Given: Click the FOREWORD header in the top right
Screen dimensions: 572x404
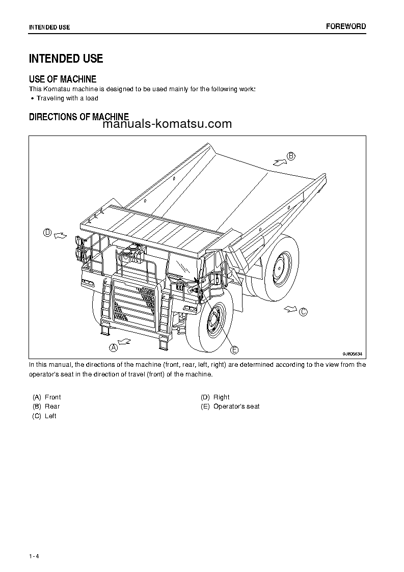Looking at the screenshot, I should tap(345, 26).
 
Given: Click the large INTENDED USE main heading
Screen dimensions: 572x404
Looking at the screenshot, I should tap(66, 59).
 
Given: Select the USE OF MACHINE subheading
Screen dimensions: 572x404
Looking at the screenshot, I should tap(62, 79).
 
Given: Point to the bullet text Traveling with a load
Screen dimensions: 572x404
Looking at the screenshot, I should tap(67, 98).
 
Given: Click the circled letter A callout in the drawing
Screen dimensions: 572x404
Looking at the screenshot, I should tap(114, 347).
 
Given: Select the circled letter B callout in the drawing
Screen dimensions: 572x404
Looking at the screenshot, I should tap(291, 156).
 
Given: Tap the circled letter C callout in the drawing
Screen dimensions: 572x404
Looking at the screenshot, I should tap(303, 312).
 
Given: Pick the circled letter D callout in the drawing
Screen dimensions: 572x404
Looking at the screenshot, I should tap(47, 233).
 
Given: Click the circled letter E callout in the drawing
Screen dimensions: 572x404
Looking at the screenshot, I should tap(234, 349).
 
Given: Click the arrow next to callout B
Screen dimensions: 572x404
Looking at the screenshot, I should tap(279, 161).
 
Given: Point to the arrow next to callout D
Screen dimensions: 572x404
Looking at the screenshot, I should tap(60, 235).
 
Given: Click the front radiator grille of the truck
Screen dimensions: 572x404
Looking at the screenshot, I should tap(133, 304).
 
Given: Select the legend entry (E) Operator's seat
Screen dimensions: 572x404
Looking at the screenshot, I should tap(230, 406).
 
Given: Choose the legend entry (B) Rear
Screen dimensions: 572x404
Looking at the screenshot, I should tap(46, 406).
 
